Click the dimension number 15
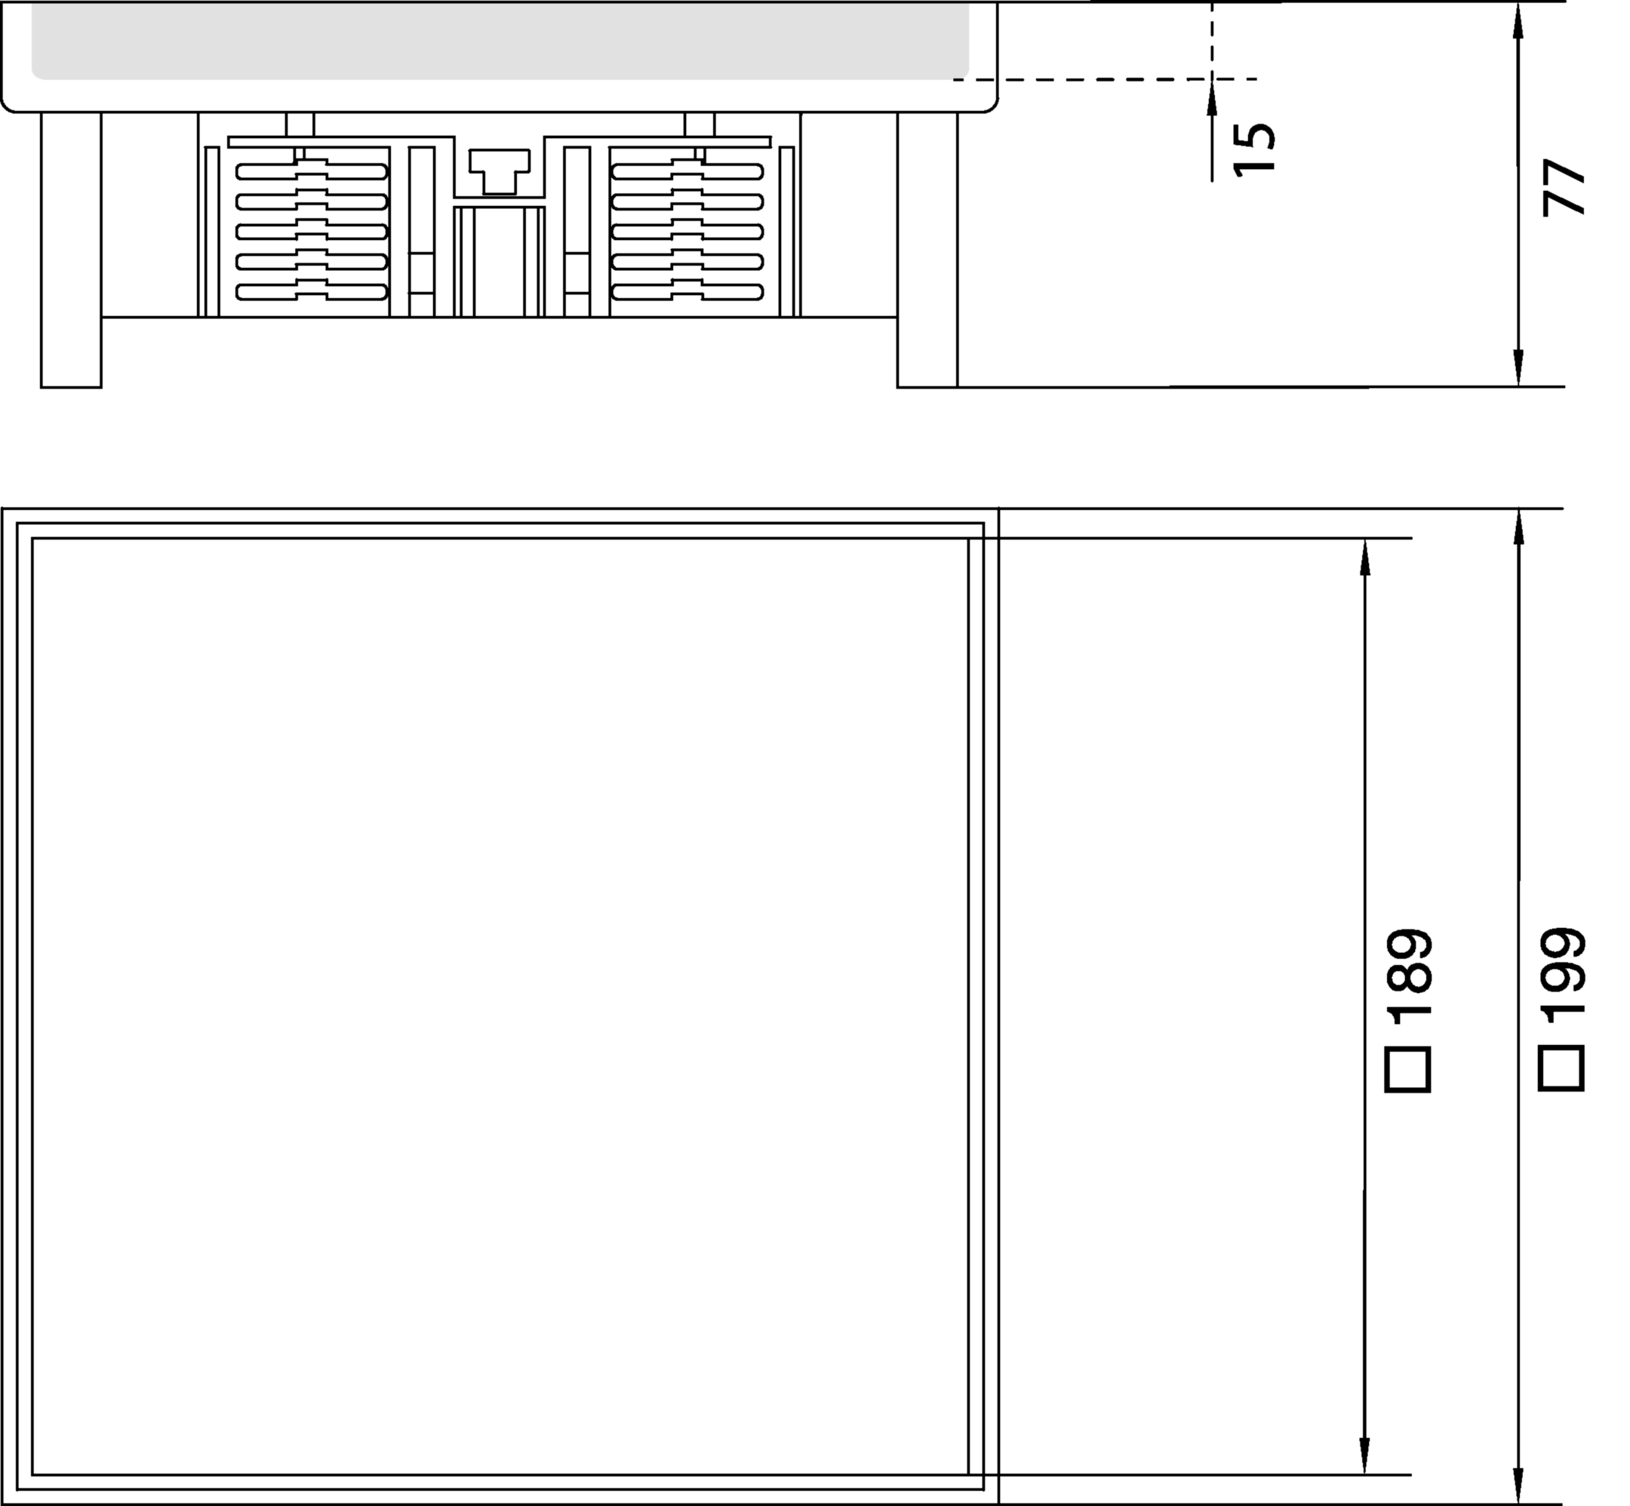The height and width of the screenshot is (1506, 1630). pyautogui.click(x=1254, y=149)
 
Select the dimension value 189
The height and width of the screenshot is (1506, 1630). pyautogui.click(x=1408, y=976)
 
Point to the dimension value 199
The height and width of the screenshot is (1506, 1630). pyautogui.click(x=1561, y=976)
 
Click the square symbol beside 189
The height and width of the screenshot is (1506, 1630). pyautogui.click(x=1408, y=1070)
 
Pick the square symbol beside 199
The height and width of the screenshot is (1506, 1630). pyautogui.click(x=1561, y=1070)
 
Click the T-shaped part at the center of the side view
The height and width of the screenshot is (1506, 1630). pyautogui.click(x=500, y=171)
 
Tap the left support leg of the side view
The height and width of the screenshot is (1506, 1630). pyautogui.click(x=71, y=250)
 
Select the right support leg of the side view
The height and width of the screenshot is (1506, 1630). pyautogui.click(x=927, y=250)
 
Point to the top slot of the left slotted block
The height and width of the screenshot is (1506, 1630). pyautogui.click(x=312, y=171)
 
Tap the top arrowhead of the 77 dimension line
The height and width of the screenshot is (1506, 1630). pyautogui.click(x=1518, y=20)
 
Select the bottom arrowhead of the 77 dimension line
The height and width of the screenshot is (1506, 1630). pyautogui.click(x=1518, y=367)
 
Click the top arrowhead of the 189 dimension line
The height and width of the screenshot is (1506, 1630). pyautogui.click(x=1365, y=558)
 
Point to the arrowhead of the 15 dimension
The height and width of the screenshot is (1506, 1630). pyautogui.click(x=1212, y=98)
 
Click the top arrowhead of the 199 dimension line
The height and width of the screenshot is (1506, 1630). pyautogui.click(x=1518, y=527)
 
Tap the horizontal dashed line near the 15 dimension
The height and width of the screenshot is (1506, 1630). pyautogui.click(x=1105, y=79)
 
